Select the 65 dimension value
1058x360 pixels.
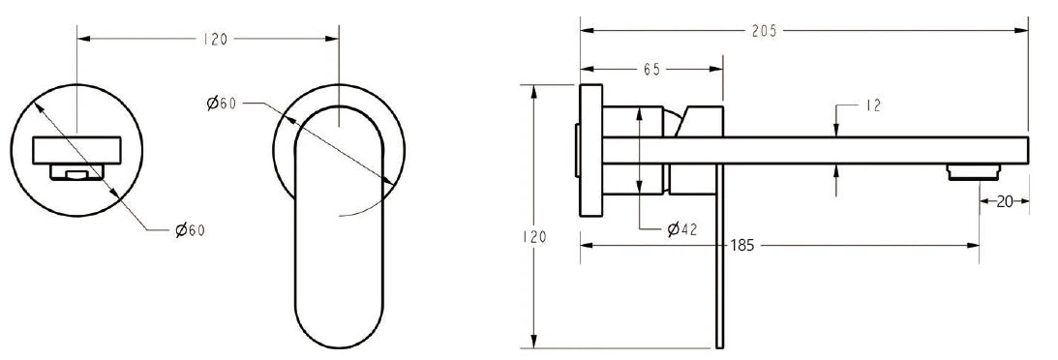coord(650,70)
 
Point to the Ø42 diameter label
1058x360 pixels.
coord(683,229)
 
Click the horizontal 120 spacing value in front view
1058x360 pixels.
coord(215,39)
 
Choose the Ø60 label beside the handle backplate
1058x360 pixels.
coord(222,104)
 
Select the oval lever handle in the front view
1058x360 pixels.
coord(338,232)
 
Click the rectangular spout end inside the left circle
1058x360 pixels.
coord(76,150)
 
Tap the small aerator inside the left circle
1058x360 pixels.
coord(76,172)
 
